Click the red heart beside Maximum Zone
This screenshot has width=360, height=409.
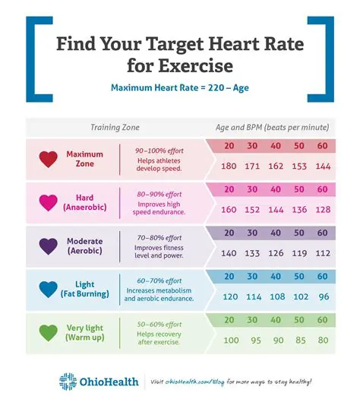tap(49, 159)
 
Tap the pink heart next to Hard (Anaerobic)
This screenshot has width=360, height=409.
tap(49, 202)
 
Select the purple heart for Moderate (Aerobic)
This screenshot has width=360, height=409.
tap(49, 246)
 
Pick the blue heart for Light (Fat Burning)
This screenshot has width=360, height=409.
tap(49, 289)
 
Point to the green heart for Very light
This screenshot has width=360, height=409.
tap(49, 332)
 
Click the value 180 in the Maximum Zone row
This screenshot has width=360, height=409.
tap(229, 166)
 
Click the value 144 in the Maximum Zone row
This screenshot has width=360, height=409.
tap(324, 166)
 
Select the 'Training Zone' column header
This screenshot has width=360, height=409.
tap(115, 127)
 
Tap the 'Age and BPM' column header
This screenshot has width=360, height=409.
tap(270, 127)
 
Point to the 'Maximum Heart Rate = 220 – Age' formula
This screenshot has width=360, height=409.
tap(180, 87)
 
